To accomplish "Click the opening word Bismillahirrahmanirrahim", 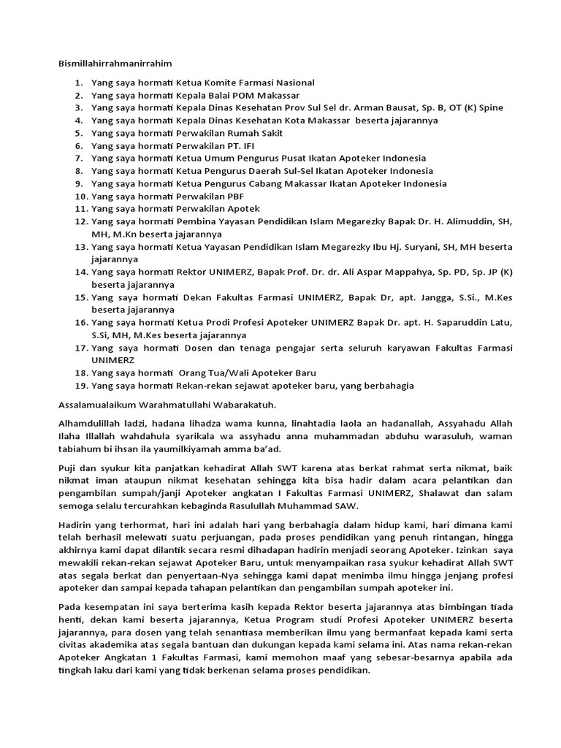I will (114, 64).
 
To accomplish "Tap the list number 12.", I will (80, 221).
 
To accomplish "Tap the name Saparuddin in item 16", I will (459, 323).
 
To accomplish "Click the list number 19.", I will (80, 385).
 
